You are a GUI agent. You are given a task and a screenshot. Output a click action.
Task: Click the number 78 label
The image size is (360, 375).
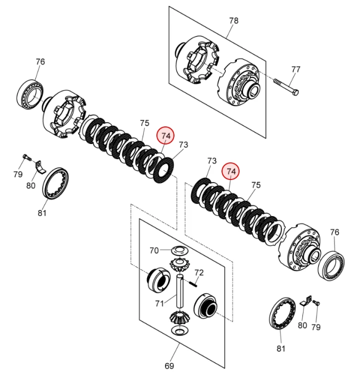pos(233,20)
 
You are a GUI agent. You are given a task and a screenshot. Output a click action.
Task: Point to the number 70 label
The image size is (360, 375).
pos(154,250)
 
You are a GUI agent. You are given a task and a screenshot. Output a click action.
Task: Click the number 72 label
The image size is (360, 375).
pos(199,272)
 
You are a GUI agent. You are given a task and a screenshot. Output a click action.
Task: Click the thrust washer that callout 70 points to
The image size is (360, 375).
pos(178,250)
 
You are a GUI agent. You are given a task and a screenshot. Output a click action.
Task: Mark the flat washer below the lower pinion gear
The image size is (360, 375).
pos(178,332)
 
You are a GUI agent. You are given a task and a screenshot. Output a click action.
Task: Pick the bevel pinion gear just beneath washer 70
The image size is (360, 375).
pos(178,263)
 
